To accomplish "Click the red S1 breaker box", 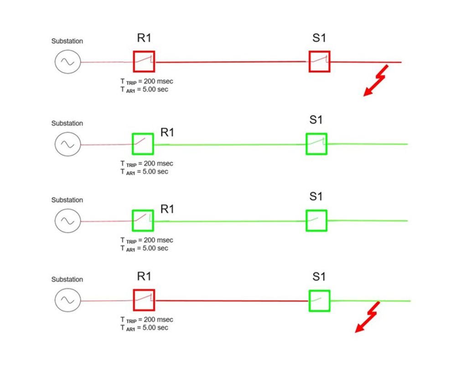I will coord(319,61).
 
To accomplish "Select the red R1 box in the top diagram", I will coord(144,61).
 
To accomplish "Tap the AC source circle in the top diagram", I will coord(67,62).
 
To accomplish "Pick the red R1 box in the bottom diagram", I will coord(144,300).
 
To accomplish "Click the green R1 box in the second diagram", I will coord(143,144).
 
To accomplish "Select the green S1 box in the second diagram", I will coord(316,144).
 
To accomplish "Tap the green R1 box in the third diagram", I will coord(143,220).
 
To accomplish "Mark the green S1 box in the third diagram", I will coord(316,220).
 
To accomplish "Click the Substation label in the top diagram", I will coord(67,41).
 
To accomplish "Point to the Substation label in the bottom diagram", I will coord(67,279).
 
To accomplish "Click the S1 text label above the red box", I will coord(319,38).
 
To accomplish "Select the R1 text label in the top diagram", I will coord(144,38).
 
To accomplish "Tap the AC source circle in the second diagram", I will coord(67,144).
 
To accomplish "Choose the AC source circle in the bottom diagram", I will coord(67,300).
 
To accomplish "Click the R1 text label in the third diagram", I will coord(167,209).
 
